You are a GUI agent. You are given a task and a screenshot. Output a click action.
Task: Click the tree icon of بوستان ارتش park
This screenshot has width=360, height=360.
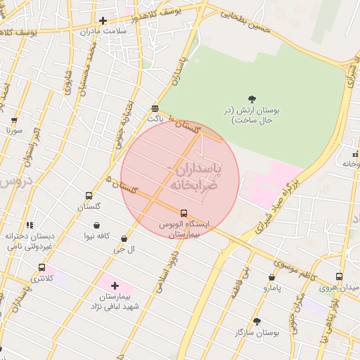click(x=252, y=99)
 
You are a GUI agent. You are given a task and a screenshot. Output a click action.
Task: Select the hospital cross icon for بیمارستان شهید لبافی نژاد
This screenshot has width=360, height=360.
click(x=115, y=285)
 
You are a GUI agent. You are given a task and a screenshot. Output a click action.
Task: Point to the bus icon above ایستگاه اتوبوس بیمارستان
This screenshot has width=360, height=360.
click(x=184, y=212)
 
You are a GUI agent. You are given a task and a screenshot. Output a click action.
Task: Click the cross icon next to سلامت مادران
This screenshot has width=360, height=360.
click(x=103, y=20)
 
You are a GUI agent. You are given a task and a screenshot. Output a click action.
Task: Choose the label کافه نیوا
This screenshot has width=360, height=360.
click(x=96, y=236)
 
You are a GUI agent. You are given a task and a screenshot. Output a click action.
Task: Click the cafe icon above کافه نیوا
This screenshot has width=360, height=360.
click(x=96, y=225)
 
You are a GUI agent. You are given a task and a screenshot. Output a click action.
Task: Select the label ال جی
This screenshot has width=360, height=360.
click(x=124, y=250)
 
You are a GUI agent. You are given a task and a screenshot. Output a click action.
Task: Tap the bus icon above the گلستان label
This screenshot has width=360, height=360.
click(x=89, y=195)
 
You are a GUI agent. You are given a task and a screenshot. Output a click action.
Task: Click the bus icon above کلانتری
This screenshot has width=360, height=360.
click(x=41, y=267)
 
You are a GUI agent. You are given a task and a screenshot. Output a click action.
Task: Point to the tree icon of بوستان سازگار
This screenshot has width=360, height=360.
click(x=256, y=321)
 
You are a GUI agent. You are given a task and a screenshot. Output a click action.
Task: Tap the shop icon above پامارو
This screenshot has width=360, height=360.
click(x=271, y=277)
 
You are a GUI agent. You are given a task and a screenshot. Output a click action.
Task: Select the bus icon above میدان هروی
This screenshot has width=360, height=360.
click(x=339, y=276)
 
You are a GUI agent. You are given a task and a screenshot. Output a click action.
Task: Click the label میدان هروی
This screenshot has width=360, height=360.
click(x=339, y=288)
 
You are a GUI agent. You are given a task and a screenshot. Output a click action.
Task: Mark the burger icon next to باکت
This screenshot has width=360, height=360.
click(x=155, y=108)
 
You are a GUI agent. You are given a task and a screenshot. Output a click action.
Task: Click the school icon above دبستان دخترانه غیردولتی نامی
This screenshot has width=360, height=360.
click(x=30, y=225)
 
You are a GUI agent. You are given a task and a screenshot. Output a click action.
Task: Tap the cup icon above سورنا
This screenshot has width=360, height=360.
click(x=15, y=119)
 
